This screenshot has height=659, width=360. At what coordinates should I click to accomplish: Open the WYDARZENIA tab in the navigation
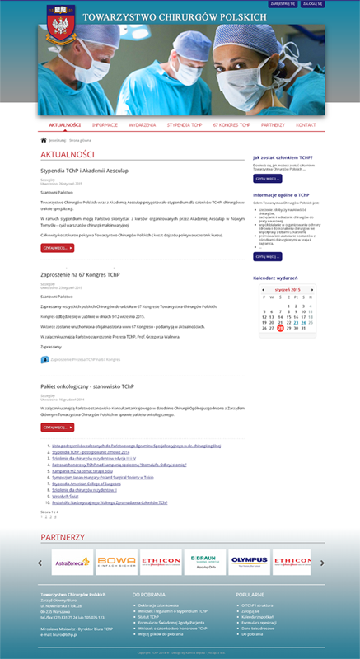(143, 125)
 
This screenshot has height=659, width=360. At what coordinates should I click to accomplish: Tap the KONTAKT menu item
(306, 125)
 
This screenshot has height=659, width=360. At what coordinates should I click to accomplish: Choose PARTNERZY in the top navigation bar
(273, 125)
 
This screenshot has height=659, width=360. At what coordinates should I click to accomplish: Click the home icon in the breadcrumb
(44, 140)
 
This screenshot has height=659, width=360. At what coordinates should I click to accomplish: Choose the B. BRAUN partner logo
(205, 563)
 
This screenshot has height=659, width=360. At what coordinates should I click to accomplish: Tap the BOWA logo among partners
(116, 563)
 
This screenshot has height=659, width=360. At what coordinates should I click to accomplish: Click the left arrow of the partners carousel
(40, 563)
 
